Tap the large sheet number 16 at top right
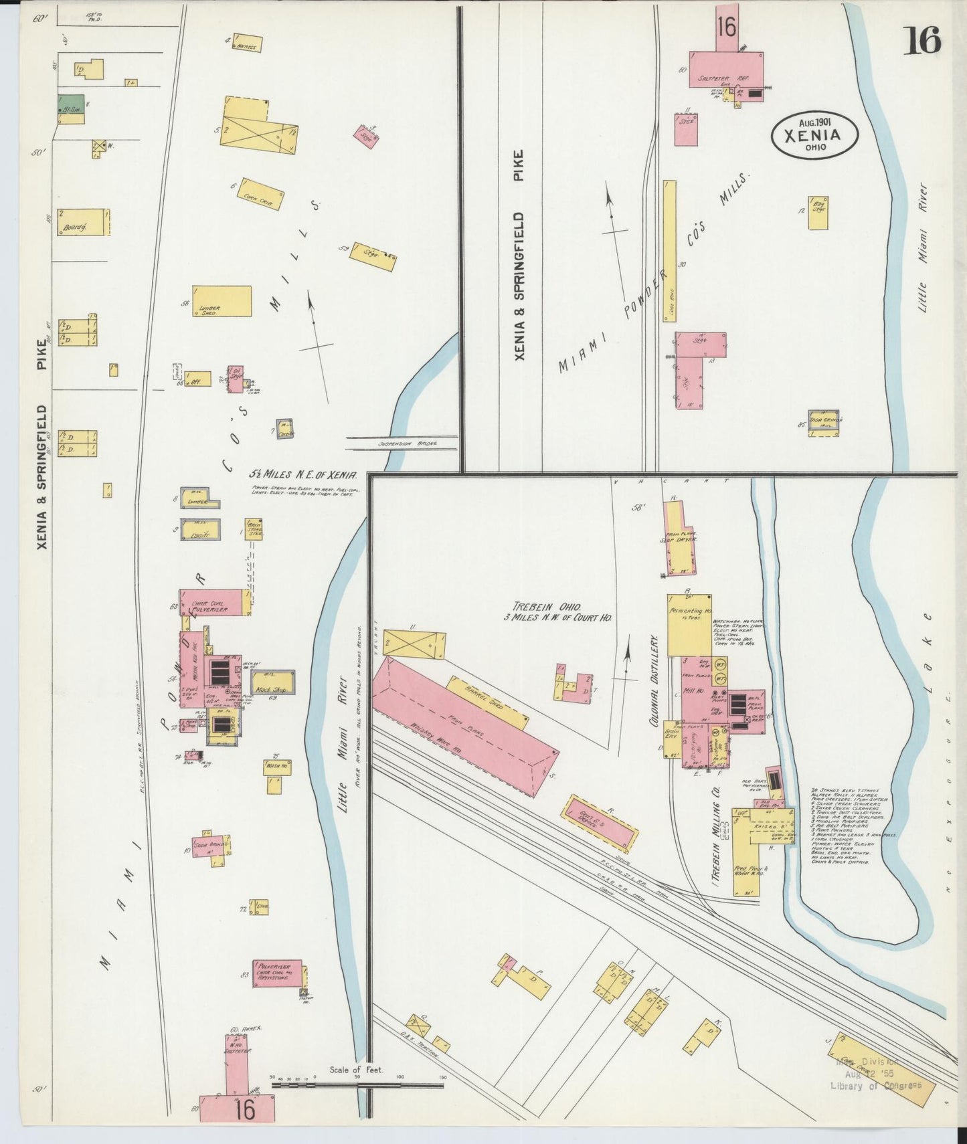[x=922, y=40]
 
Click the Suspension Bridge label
[x=407, y=444]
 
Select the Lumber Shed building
[x=222, y=301]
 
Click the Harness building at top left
[x=246, y=43]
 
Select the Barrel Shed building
[x=489, y=702]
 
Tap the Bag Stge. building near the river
[x=818, y=213]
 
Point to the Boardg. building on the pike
[x=82, y=222]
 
